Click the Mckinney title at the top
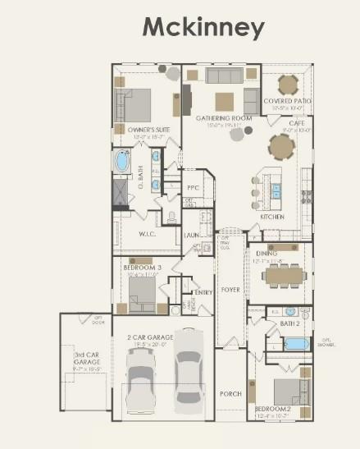[203, 27]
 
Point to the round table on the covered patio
[288, 84]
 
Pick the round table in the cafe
[282, 147]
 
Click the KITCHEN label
[272, 217]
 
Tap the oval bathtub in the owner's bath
[122, 161]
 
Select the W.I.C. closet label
[148, 234]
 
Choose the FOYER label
[230, 289]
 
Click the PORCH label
[230, 394]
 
